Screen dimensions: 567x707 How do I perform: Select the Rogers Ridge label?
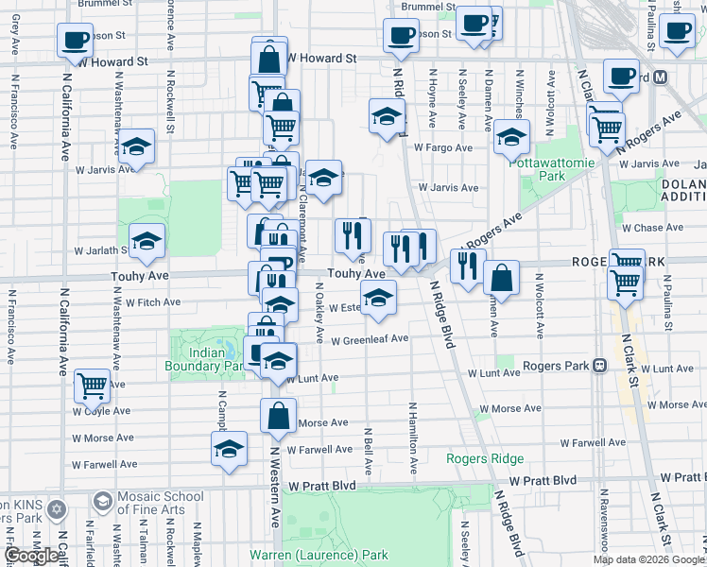[485, 459]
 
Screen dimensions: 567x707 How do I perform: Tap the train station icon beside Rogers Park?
[599, 366]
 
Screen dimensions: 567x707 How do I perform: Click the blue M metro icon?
[661, 77]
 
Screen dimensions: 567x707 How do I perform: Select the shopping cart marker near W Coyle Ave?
[92, 384]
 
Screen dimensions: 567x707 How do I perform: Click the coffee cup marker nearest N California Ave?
[75, 40]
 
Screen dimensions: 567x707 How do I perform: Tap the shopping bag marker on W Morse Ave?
[279, 415]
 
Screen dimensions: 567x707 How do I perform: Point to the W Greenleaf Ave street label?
[369, 338]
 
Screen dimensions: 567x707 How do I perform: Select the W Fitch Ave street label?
[153, 302]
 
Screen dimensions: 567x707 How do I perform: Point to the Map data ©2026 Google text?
[647, 559]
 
